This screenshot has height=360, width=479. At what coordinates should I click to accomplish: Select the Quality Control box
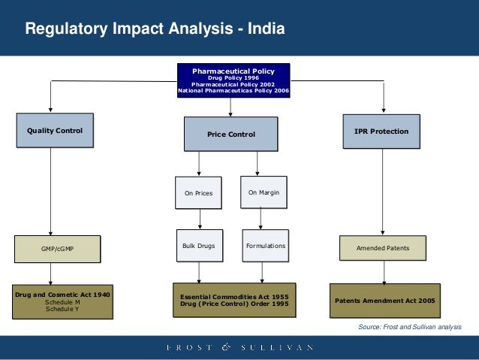(x=55, y=131)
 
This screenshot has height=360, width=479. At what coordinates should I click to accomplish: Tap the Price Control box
(x=231, y=135)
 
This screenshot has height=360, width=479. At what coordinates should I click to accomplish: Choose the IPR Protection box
(x=381, y=132)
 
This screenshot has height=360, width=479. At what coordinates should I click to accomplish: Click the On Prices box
(x=198, y=193)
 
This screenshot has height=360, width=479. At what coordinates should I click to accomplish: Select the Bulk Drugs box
(x=198, y=246)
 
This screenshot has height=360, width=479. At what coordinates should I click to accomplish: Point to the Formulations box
(x=264, y=246)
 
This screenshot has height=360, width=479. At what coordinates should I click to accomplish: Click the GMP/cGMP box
(x=57, y=248)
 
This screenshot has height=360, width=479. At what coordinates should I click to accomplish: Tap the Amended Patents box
(x=382, y=247)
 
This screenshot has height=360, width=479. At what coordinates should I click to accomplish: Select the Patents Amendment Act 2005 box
(x=384, y=300)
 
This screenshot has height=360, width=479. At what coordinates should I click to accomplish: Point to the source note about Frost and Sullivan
(x=410, y=328)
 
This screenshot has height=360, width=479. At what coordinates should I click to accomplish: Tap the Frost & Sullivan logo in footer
(x=239, y=347)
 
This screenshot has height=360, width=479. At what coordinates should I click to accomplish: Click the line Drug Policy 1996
(x=233, y=77)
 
